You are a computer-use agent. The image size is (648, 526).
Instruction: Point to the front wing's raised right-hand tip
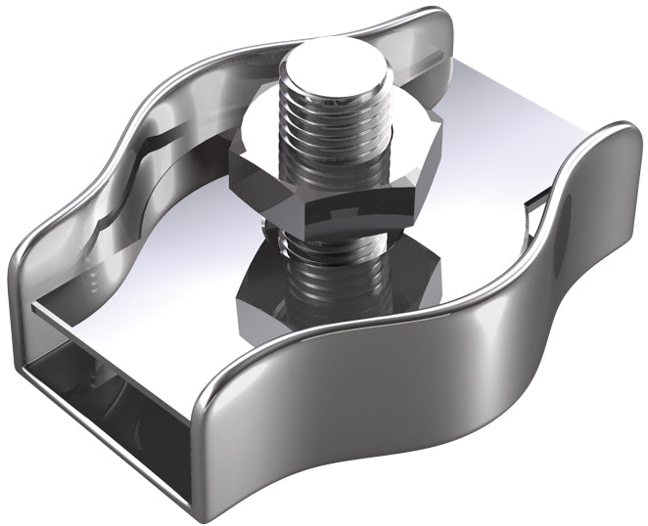click(617, 137)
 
